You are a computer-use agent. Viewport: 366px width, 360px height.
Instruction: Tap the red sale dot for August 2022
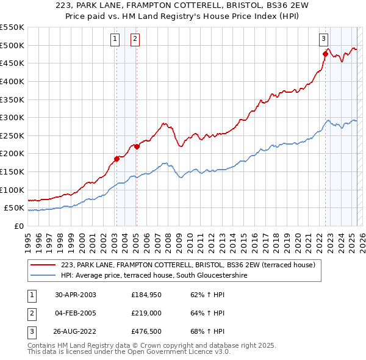pos(325,54)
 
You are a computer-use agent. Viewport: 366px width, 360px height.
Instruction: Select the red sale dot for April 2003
pos(117,159)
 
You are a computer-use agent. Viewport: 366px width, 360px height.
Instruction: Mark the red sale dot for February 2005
pos(137,146)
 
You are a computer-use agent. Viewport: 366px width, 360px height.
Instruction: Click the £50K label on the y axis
pos(15,208)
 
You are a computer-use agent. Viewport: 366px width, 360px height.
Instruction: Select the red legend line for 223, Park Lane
pos(43,265)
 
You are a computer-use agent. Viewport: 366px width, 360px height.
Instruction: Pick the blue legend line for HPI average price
pos(43,276)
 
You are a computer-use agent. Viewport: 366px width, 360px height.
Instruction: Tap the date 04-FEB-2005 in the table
pos(76,314)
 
